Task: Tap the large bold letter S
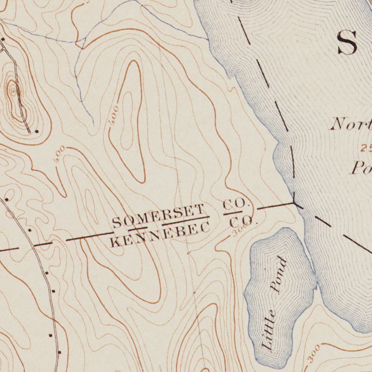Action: (x=347, y=43)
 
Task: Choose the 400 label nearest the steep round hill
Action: (x=60, y=154)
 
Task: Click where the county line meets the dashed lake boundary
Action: (x=294, y=203)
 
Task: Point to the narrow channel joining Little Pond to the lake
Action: (x=316, y=280)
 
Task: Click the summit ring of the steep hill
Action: (x=13, y=90)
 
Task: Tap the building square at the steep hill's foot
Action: (x=37, y=131)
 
